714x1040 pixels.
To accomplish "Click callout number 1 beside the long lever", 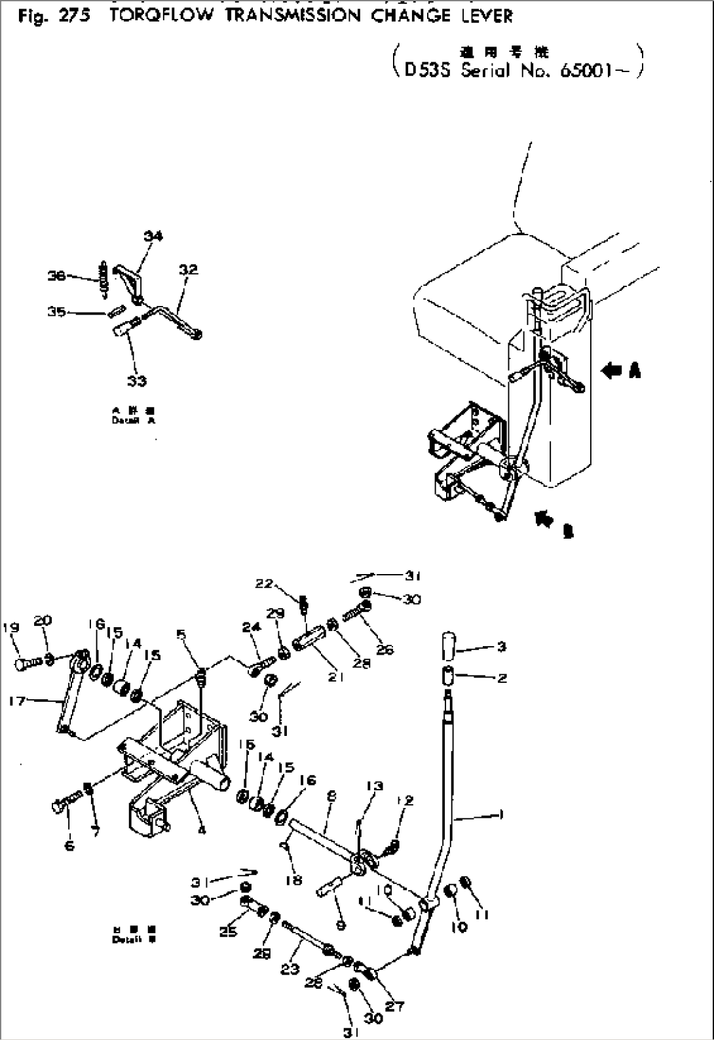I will click(502, 816).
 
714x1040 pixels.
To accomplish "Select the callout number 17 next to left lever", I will click(18, 701).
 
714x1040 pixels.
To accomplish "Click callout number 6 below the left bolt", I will click(69, 846).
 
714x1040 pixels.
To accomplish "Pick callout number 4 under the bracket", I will click(201, 830).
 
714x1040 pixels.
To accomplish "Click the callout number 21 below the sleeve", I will click(336, 678).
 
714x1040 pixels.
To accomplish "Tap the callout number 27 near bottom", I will click(394, 1007).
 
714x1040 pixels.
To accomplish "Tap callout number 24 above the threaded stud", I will click(252, 627).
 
